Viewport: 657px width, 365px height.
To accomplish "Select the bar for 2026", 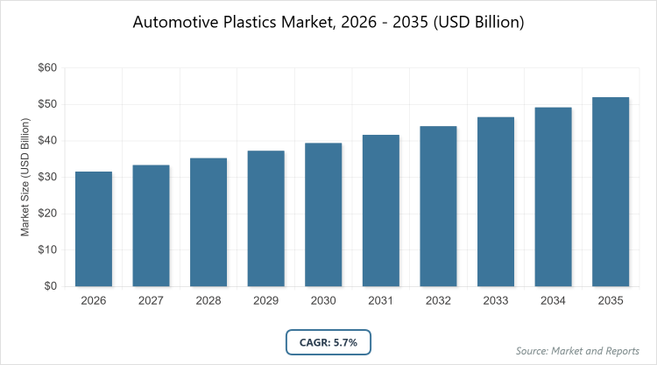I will click(94, 228).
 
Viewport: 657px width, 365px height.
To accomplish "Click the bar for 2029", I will click(266, 218).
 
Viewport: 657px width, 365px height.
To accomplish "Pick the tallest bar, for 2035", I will click(611, 192).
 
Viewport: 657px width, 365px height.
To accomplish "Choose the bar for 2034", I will click(554, 197).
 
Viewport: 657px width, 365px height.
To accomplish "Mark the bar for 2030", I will click(323, 214).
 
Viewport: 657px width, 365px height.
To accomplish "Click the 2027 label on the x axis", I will click(151, 301).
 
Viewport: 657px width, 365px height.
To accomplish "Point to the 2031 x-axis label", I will click(381, 301).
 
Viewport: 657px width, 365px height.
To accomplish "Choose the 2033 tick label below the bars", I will click(496, 301).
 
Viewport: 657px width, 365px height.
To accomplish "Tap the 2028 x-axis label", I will click(208, 301).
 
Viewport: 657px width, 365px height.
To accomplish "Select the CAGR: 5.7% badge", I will click(328, 340).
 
